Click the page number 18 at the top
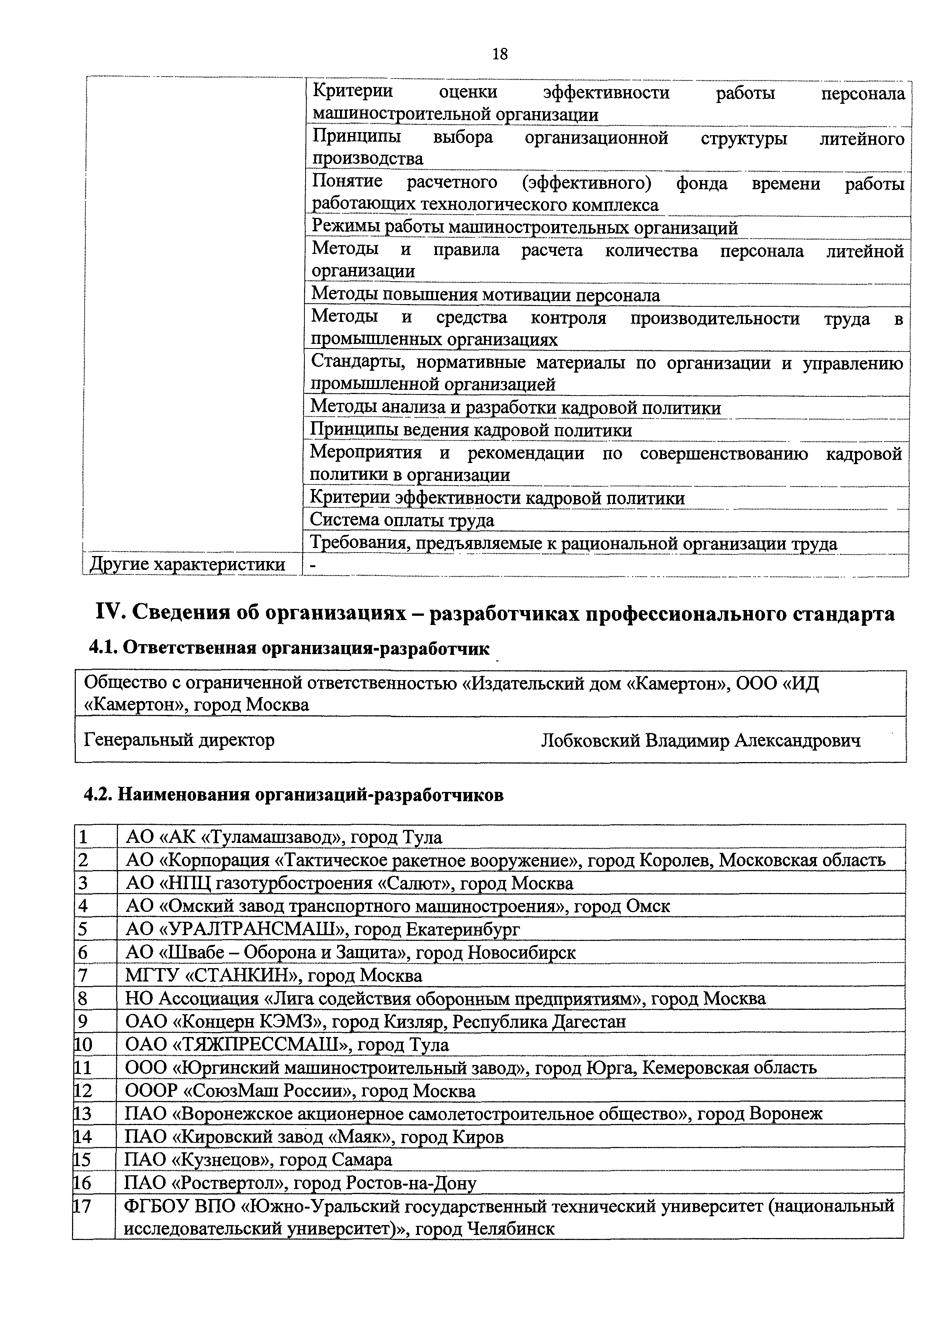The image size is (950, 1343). point(500,54)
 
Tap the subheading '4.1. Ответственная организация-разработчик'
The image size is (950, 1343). point(289,649)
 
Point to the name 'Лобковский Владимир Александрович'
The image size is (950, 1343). point(700,741)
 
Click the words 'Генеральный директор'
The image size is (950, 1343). point(179,741)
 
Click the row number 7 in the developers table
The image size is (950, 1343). point(82,976)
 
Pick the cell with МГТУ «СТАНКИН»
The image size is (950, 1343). point(273,976)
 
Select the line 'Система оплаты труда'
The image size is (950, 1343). point(402,520)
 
